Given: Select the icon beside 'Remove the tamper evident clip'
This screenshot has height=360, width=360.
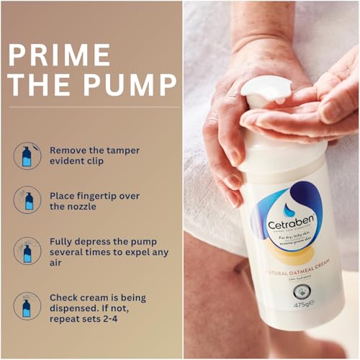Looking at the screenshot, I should click(27, 156).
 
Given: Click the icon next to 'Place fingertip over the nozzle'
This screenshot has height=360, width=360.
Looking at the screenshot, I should click(27, 201).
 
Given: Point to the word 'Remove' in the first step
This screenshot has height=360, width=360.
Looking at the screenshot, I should click(70, 150).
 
